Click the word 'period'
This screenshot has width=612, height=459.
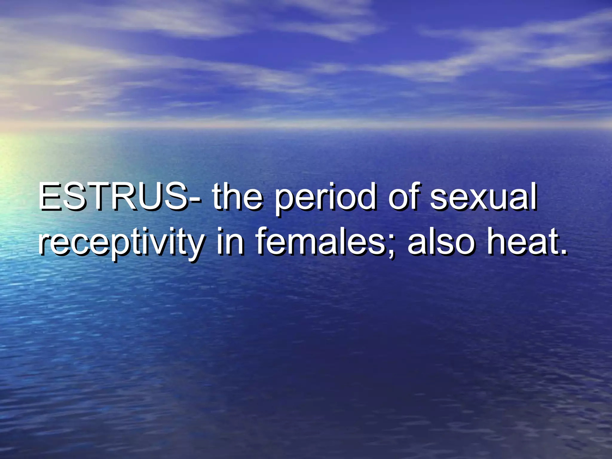[x=325, y=199]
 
